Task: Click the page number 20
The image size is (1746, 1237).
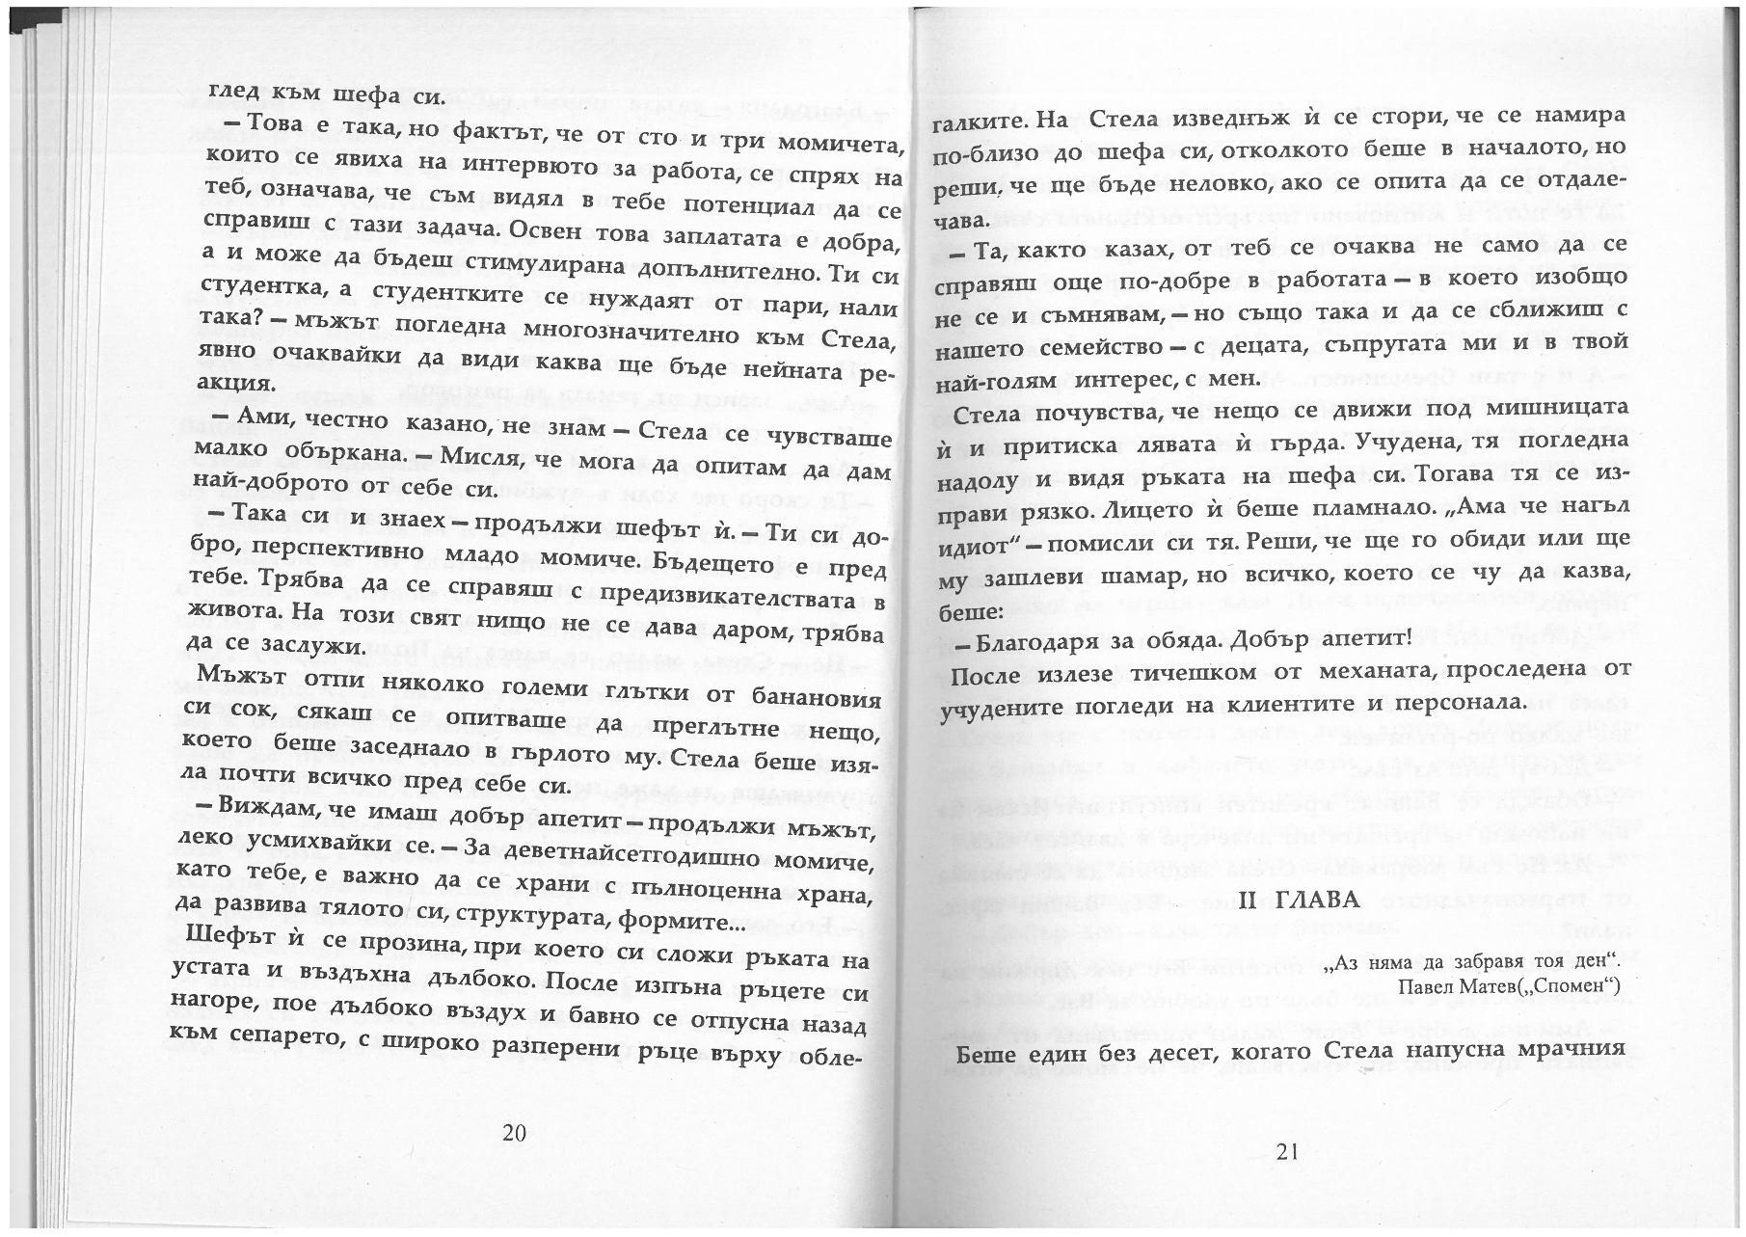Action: click(x=514, y=1133)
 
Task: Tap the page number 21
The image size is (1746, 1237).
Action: click(x=1287, y=1150)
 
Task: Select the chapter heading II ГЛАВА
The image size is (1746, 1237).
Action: click(x=1299, y=901)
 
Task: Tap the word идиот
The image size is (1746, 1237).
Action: click(x=980, y=544)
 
